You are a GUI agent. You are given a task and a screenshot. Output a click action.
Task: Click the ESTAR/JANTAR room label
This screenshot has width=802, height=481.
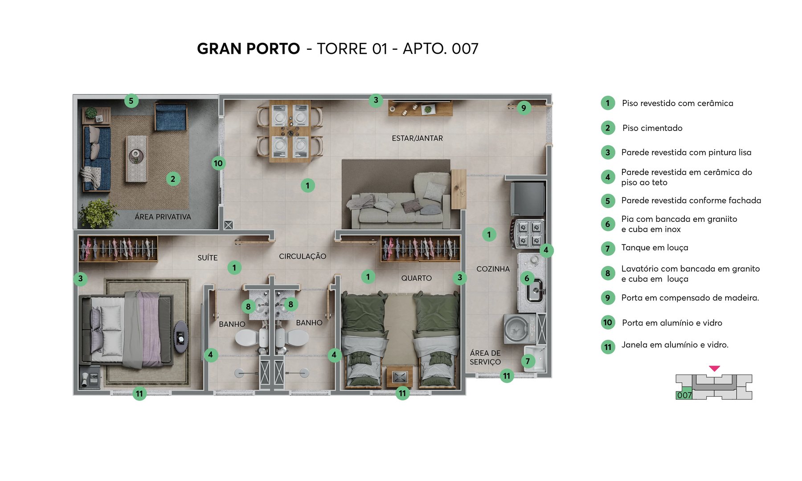[417, 139]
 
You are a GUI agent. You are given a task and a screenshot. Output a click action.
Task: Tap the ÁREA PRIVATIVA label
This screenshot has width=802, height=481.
[163, 217]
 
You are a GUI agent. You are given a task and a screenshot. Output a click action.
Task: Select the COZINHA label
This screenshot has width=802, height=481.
[493, 269]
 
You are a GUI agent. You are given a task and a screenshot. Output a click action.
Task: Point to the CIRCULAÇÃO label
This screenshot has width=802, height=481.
[303, 257]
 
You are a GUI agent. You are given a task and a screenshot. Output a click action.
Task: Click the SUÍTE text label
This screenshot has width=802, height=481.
[208, 258]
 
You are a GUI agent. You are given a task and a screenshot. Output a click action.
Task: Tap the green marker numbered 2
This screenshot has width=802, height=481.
[173, 179]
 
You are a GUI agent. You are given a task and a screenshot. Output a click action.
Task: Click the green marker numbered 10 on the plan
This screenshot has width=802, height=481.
[218, 163]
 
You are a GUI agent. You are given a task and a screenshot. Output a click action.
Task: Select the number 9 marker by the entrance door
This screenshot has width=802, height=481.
[524, 108]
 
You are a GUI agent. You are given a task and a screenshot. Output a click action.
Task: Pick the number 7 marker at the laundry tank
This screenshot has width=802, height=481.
[528, 361]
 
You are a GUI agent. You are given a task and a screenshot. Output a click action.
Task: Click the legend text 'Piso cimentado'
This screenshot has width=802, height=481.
[652, 128]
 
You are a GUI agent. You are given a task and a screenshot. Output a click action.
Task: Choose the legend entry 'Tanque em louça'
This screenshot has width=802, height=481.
[655, 248]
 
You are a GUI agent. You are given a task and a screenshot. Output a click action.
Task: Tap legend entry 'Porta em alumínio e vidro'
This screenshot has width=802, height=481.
[672, 323]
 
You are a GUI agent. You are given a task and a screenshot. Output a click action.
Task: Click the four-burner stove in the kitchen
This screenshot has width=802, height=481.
[529, 234]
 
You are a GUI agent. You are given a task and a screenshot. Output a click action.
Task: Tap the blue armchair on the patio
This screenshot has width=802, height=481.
[170, 116]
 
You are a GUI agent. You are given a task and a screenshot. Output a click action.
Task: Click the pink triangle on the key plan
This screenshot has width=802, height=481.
[714, 368]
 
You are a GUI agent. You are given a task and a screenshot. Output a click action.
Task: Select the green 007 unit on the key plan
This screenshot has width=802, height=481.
[684, 395]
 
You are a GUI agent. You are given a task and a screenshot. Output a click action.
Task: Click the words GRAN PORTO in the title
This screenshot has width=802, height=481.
[248, 49]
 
